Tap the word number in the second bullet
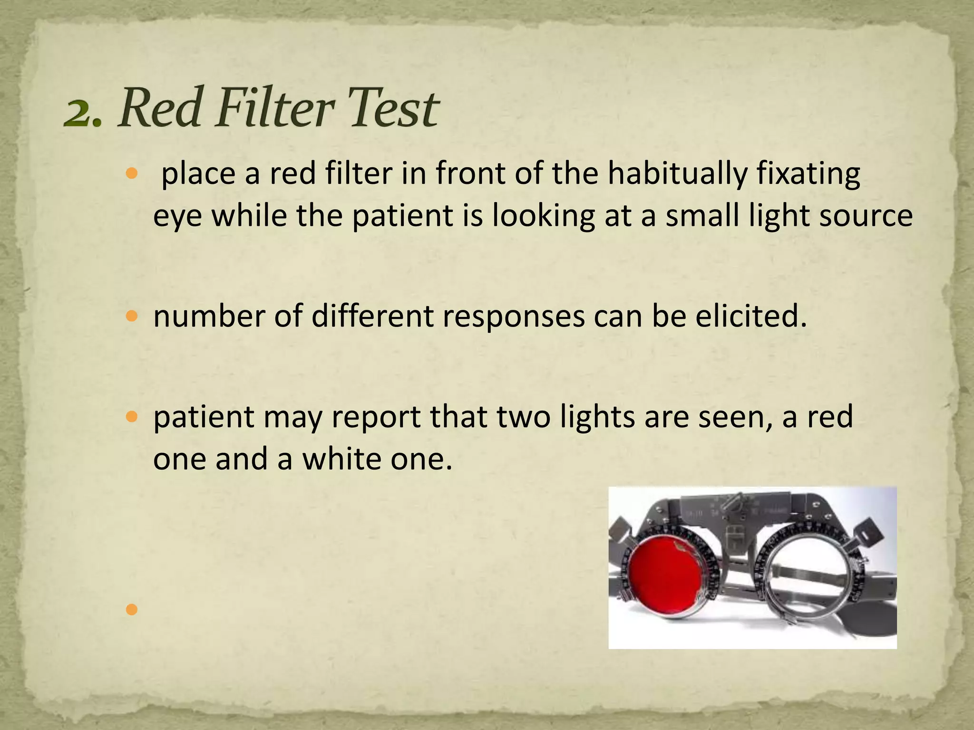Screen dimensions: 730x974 (209, 317)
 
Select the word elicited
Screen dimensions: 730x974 (751, 317)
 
